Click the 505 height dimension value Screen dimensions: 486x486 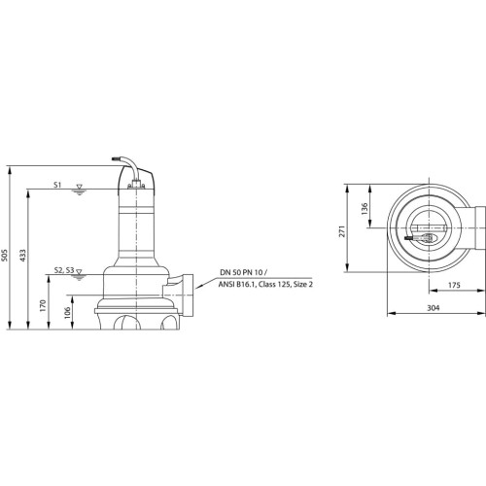(4, 255)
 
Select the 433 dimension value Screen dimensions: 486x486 (22, 255)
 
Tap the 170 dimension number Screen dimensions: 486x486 (43, 306)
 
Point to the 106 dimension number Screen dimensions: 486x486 (67, 313)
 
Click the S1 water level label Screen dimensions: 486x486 (57, 185)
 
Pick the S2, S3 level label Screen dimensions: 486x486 (64, 270)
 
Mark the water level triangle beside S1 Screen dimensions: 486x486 (79, 187)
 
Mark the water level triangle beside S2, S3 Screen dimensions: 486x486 (79, 272)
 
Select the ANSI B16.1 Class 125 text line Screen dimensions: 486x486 (265, 285)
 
